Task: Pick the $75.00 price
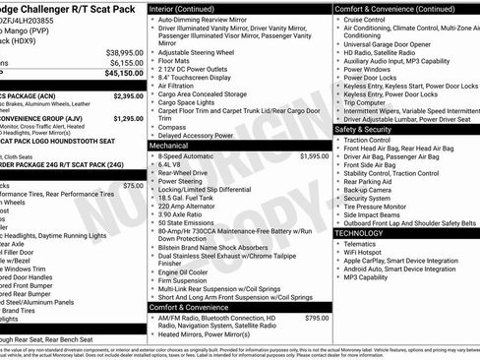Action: point(133,185)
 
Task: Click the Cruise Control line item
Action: point(365,20)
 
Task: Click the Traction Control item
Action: point(368,141)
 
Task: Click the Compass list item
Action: point(173,125)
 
